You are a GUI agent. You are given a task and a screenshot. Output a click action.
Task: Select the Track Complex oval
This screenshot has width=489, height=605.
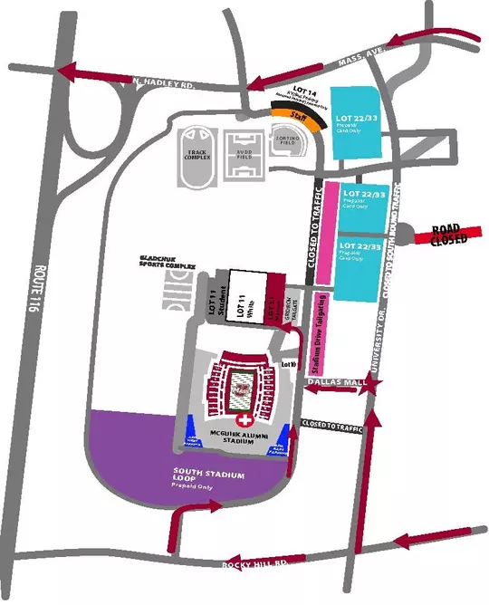tap(196, 157)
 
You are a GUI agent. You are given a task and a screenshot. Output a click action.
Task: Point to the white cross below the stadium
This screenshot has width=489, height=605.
tap(242, 422)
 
